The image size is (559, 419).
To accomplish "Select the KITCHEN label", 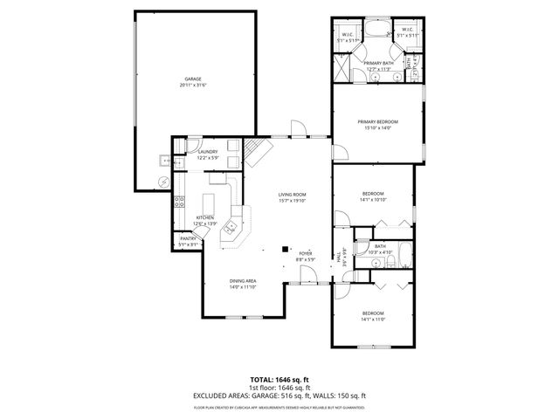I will tap(205, 217).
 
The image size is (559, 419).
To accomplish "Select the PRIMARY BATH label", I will tap(377, 63).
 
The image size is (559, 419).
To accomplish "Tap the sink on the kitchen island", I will tap(232, 229).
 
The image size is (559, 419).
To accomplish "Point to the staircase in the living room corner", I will tap(258, 152).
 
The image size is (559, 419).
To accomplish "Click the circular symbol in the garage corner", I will tap(161, 182).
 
